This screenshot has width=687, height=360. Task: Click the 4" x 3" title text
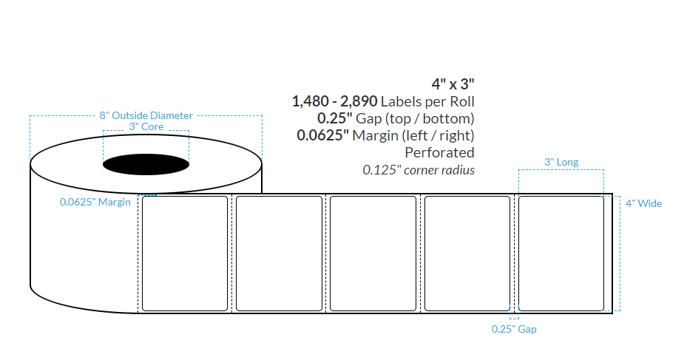[453, 84]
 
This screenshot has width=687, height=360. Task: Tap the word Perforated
[439, 152]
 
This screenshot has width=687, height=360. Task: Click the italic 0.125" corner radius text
[418, 170]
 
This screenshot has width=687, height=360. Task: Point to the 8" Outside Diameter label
[146, 115]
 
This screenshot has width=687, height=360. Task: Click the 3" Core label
[146, 127]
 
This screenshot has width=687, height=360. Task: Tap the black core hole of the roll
[146, 163]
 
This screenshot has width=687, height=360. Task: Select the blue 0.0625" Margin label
[95, 202]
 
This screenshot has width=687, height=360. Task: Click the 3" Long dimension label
[561, 162]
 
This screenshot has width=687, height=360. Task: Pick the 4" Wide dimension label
[643, 203]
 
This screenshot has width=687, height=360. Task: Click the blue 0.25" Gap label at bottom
[514, 329]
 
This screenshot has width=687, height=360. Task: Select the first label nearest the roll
[184, 253]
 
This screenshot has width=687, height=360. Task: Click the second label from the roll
[279, 253]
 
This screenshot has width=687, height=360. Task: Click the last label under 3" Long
[561, 253]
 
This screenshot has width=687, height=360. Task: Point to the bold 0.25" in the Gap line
[333, 118]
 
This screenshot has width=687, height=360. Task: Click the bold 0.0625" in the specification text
[322, 135]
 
